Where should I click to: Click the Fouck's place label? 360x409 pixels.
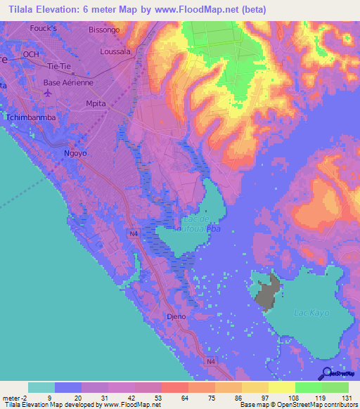[43, 28]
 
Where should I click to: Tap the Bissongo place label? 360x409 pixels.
[105, 30]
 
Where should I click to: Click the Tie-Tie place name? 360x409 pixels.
[61, 66]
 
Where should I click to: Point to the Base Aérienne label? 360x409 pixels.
[68, 82]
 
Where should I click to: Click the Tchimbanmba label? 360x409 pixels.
[30, 117]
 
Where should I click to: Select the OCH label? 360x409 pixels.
[30, 54]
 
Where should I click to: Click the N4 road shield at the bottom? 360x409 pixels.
[211, 361]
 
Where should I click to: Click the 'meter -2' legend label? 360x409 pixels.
[13, 396]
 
